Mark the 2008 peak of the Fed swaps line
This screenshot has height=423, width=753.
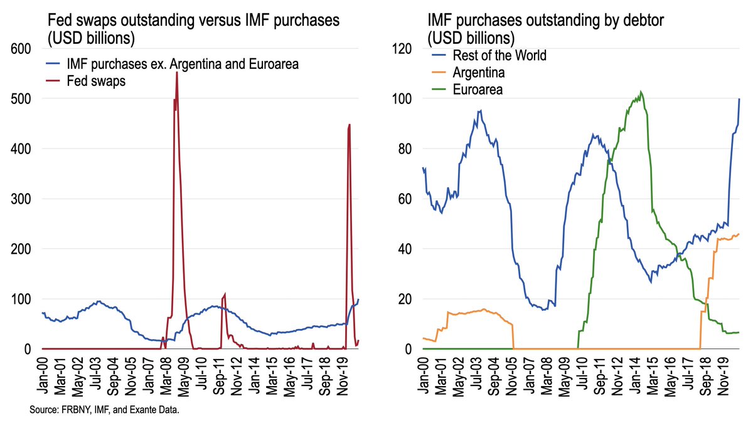pos(177,72)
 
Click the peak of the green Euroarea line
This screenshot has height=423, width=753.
pos(640,91)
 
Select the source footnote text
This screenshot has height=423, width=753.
pos(100,410)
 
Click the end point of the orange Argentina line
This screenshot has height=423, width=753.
pos(739,234)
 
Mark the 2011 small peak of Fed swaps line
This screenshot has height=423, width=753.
pos(225,293)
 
